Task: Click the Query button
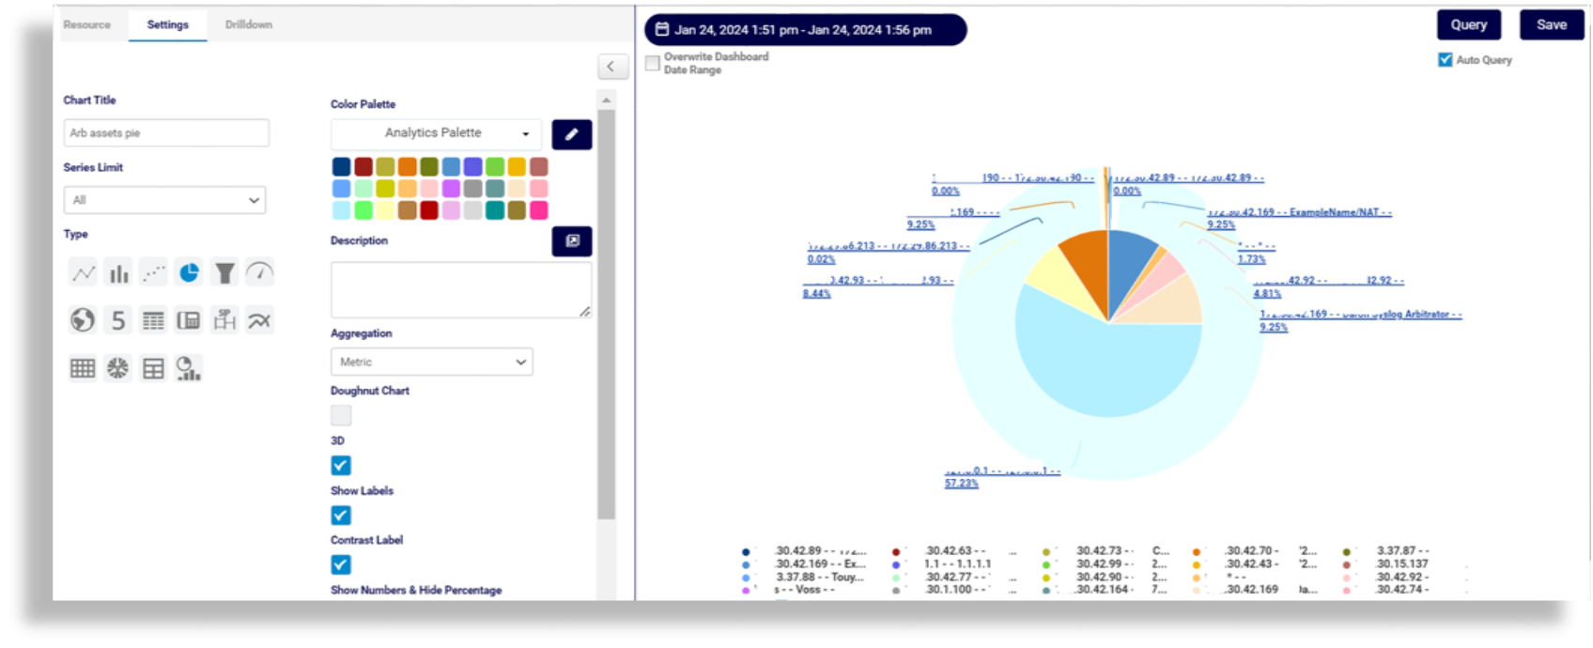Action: [1468, 25]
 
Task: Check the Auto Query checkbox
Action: [1445, 60]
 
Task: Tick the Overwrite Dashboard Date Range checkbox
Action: [653, 64]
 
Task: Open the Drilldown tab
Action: [248, 24]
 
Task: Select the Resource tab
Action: [86, 24]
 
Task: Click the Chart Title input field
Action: [166, 133]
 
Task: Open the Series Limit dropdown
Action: [164, 200]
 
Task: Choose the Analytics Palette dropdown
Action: [436, 133]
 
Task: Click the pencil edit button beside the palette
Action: [571, 134]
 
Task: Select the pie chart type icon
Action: [189, 273]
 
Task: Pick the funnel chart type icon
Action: [224, 273]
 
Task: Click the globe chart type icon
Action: [83, 320]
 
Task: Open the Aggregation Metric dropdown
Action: [431, 362]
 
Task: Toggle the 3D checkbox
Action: [341, 466]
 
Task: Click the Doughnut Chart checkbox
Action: [341, 415]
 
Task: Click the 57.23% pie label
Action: [961, 483]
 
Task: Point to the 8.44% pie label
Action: [816, 294]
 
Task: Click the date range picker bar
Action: [804, 30]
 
